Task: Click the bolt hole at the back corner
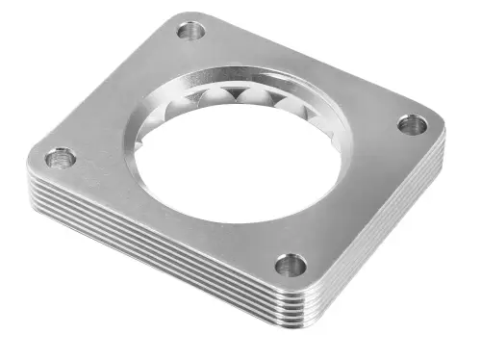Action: [191, 32]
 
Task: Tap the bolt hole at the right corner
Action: [412, 124]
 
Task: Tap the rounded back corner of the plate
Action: [188, 15]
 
